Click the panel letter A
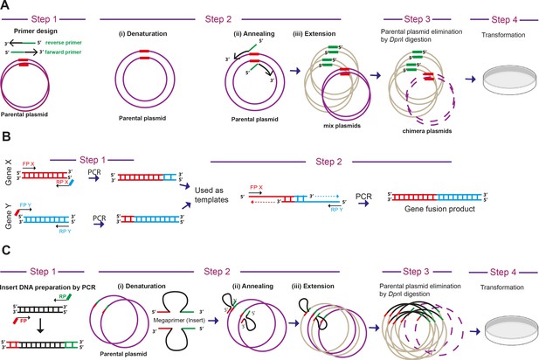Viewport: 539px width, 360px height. coord(6,6)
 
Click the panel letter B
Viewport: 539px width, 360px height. coord(6,137)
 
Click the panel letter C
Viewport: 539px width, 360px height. coord(6,250)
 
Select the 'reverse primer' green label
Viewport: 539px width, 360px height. coord(64,43)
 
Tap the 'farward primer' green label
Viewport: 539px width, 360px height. coord(63,52)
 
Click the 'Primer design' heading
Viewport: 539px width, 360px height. coord(36,31)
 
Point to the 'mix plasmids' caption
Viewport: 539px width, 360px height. coord(342,126)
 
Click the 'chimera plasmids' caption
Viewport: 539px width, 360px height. coord(427,131)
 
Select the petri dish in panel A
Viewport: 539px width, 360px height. coord(510,80)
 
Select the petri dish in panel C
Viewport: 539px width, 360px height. coord(511,331)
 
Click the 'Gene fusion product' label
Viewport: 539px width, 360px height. coord(439,209)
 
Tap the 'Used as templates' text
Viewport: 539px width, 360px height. coord(211,195)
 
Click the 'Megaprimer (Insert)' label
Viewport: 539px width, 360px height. coord(179,320)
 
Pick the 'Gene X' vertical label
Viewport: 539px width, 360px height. coord(9,172)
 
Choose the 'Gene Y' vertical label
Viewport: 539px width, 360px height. coord(9,217)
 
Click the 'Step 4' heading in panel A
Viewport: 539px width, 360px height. coord(504,19)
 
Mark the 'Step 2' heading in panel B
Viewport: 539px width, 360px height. coord(328,162)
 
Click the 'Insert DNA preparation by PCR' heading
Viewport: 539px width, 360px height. coord(48,287)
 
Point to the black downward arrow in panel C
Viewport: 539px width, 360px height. coord(40,326)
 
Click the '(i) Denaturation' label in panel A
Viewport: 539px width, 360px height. coord(142,34)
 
